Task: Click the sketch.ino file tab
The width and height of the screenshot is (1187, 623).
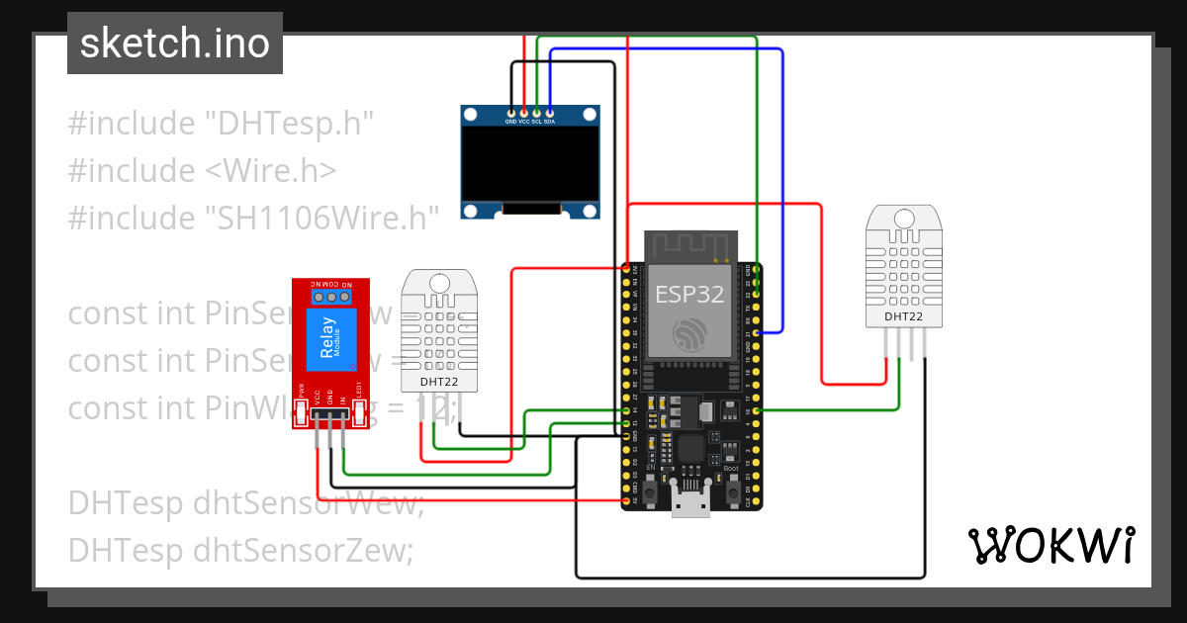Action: [174, 44]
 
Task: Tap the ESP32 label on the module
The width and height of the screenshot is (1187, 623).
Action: [689, 294]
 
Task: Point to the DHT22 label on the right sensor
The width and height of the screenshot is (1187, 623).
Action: [903, 316]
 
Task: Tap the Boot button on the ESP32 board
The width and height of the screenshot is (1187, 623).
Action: [733, 489]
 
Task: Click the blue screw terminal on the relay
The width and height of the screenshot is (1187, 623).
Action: [331, 296]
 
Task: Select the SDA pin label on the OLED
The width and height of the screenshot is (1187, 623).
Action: [549, 122]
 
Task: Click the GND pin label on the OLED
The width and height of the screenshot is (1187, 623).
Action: [510, 122]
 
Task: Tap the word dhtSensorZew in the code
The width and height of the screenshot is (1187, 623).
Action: [302, 549]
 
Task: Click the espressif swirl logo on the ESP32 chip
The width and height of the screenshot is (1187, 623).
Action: [689, 333]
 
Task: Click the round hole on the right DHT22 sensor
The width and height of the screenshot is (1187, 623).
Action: [903, 219]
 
